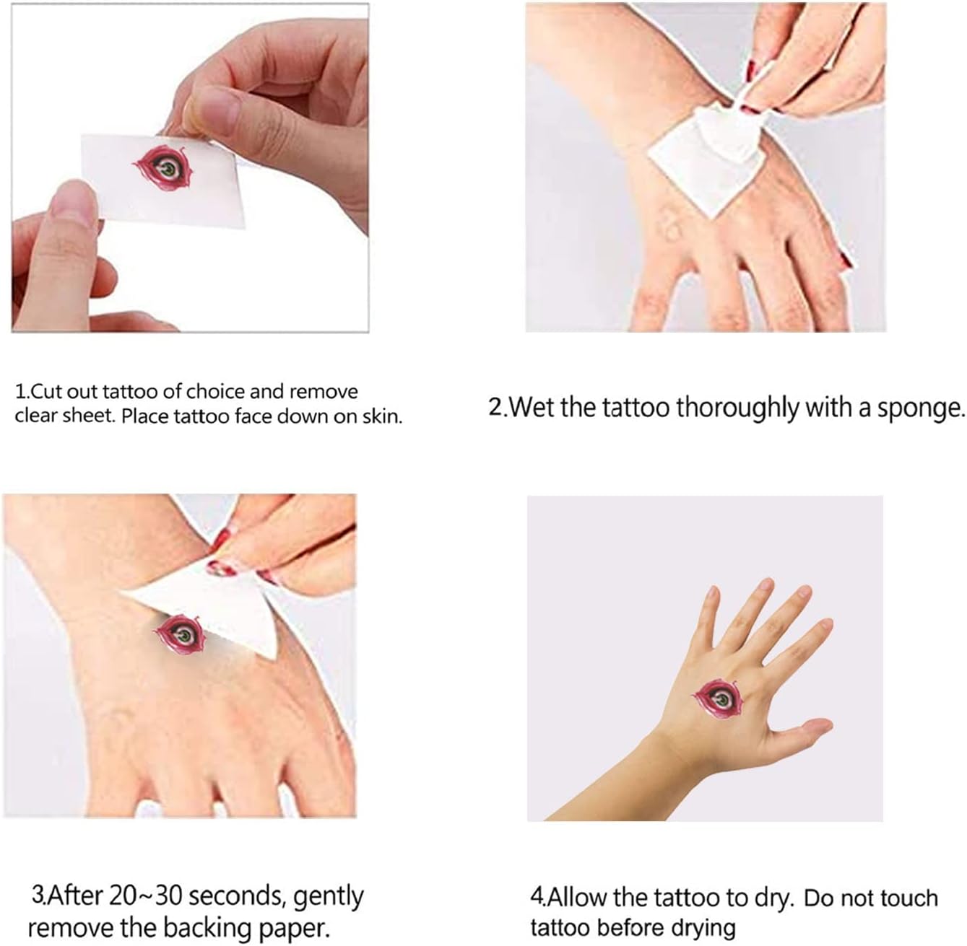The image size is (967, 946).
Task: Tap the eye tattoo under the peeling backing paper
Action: pyautogui.click(x=179, y=635)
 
